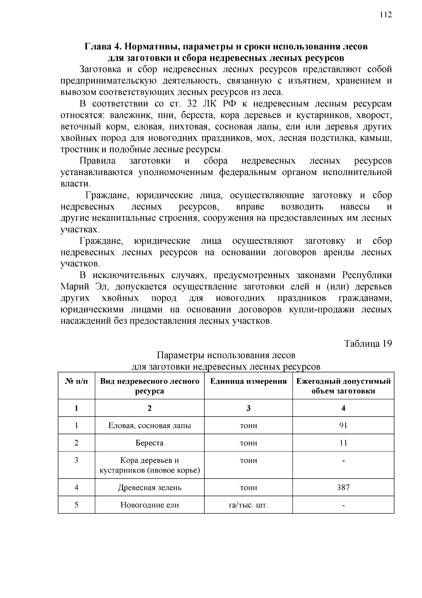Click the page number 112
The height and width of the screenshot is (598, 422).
click(385, 15)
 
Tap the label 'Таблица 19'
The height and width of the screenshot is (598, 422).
click(368, 344)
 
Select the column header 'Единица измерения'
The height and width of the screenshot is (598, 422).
click(248, 381)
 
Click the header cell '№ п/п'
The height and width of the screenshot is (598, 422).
click(76, 381)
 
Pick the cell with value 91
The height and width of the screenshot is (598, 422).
click(343, 425)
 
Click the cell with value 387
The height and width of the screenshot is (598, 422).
click(343, 487)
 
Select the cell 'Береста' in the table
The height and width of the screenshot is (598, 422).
click(149, 443)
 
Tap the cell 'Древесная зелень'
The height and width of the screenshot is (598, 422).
click(149, 488)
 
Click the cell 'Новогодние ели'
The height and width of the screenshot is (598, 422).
click(149, 505)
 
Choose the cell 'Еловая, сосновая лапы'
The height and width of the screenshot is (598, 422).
click(149, 426)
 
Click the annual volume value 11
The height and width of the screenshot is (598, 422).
click(343, 443)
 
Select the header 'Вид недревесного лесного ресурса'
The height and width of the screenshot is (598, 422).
click(149, 386)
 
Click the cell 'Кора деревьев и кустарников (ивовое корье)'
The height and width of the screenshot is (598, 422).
click(149, 466)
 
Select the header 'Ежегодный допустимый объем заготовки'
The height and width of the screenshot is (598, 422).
click(343, 386)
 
